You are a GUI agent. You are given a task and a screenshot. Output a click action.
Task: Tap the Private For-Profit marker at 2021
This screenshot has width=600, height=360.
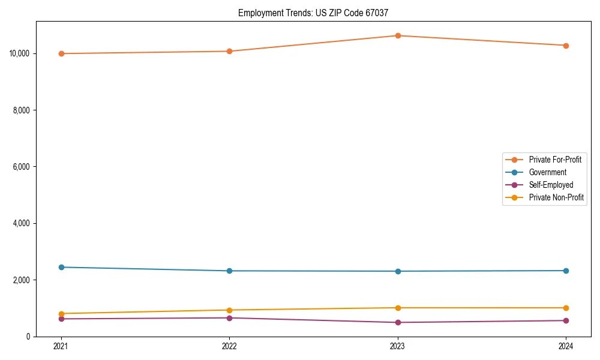coord(61,53)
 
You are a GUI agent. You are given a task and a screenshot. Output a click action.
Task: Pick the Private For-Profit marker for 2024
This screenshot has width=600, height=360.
coord(566,46)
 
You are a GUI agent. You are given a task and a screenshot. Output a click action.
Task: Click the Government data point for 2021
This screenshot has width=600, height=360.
coord(61,267)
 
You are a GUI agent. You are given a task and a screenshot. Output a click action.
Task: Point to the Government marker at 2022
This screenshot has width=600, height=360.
coord(229,271)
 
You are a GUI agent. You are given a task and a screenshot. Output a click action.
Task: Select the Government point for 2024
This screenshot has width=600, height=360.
coord(566,271)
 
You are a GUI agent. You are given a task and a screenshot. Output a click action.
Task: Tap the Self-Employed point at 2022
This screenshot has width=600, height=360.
coord(229,317)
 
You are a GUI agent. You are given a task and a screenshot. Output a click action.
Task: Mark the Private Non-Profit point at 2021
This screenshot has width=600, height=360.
coord(61,313)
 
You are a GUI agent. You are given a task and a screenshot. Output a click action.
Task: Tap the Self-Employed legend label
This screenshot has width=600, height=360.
coord(551,185)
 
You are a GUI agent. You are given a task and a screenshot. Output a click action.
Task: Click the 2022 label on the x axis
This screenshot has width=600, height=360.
coord(229,346)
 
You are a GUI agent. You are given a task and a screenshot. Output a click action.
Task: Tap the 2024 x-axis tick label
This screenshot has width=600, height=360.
coord(566,346)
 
